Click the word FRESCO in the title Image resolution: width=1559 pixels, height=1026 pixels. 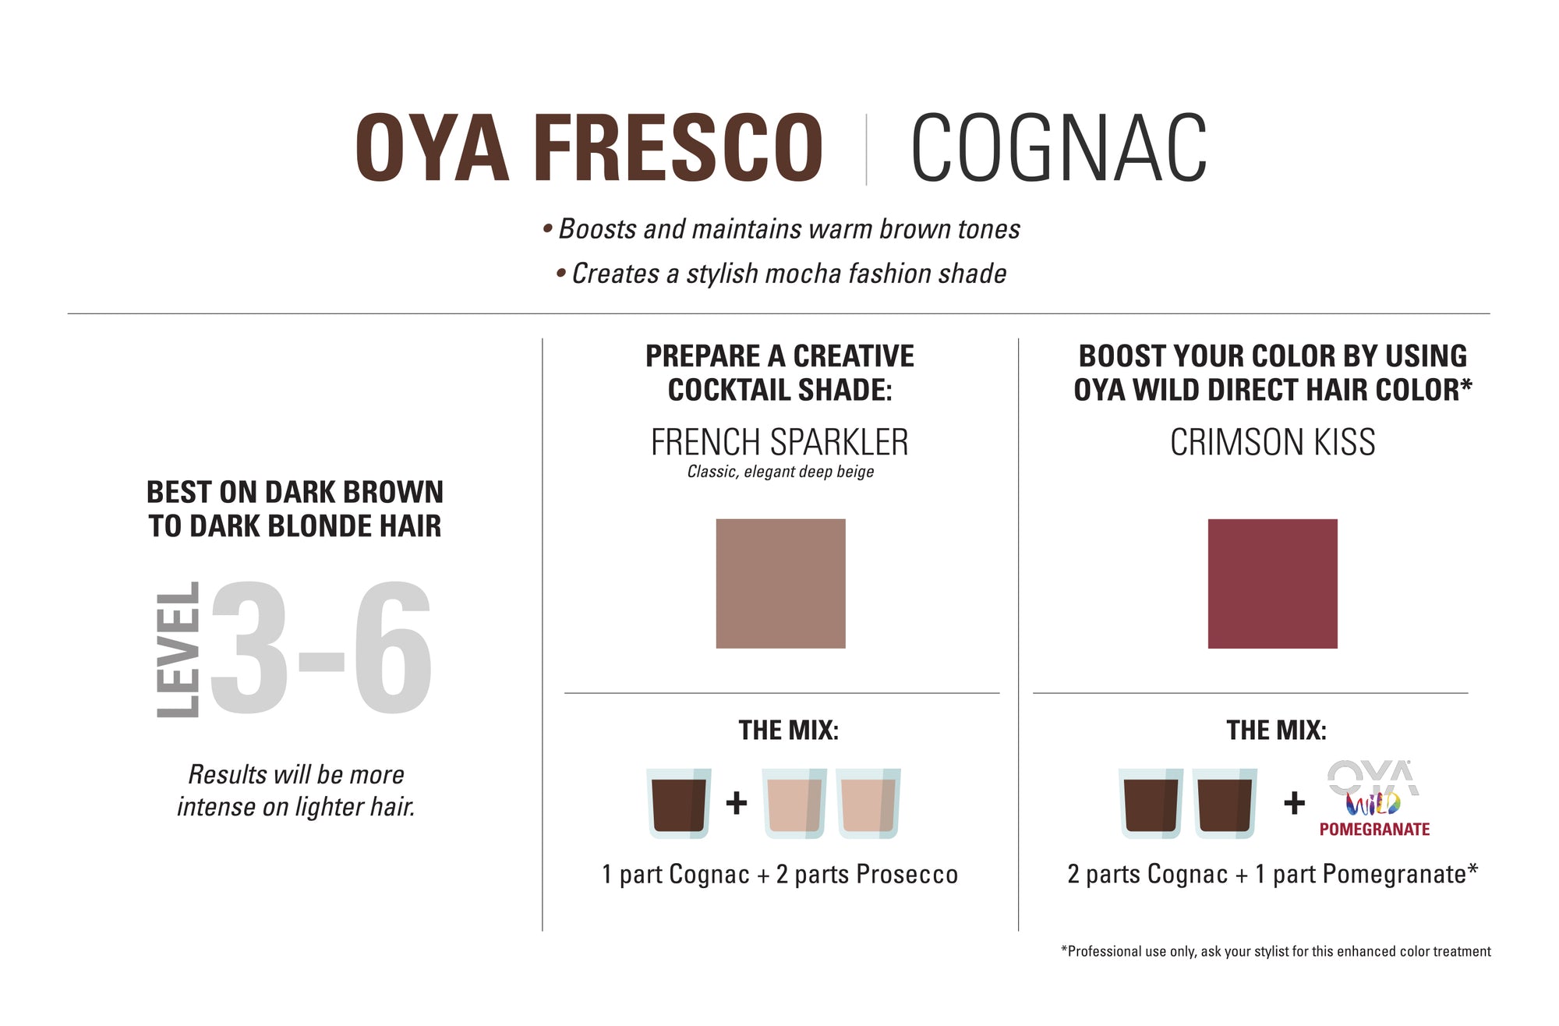[x=678, y=148]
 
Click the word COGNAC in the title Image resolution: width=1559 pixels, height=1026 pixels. [x=1059, y=148]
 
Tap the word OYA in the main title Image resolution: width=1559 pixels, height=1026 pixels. [x=432, y=148]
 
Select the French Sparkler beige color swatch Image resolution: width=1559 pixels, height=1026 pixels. [x=780, y=583]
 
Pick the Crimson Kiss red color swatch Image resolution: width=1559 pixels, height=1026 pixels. [x=1272, y=583]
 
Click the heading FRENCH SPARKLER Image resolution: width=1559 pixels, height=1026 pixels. [x=779, y=442]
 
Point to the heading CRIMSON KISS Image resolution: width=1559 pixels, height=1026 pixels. [x=1272, y=442]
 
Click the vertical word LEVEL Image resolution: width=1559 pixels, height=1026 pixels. [x=178, y=649]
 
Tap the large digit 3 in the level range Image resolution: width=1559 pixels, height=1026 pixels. [x=249, y=648]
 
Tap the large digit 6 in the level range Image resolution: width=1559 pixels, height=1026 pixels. [x=392, y=648]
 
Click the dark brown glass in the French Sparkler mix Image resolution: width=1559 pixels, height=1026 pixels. [x=678, y=803]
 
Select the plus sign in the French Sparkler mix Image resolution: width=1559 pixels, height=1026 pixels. [x=737, y=802]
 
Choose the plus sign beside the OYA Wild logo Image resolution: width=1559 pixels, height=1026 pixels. [x=1294, y=802]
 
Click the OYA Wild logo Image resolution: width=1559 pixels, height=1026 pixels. [x=1373, y=788]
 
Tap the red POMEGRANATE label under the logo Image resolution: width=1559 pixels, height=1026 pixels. [x=1374, y=830]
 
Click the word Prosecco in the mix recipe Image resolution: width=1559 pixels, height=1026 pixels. [x=907, y=875]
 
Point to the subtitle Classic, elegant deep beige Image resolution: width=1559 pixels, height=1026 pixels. [x=780, y=472]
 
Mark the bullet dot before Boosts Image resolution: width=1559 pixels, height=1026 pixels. [x=548, y=229]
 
